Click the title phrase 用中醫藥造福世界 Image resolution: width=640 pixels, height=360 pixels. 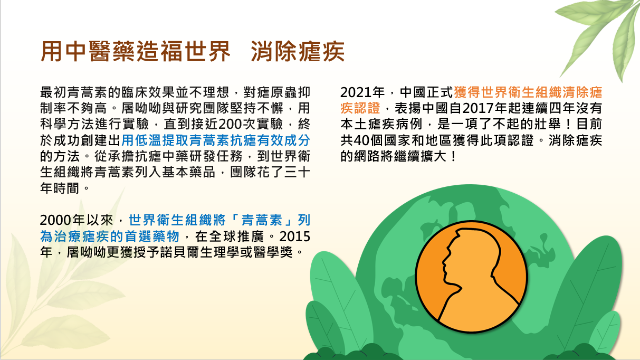[x=136, y=52]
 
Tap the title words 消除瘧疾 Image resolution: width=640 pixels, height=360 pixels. [x=298, y=52]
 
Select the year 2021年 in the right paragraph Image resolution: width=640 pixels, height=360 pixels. [x=362, y=92]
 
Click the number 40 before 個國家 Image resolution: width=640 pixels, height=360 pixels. [x=361, y=140]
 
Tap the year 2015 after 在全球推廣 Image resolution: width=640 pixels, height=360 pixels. [x=295, y=236]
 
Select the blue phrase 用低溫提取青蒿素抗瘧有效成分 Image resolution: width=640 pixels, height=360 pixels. [x=216, y=140]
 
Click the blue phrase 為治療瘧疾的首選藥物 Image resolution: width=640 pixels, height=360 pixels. [x=110, y=236]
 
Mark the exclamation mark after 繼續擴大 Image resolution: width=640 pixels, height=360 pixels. [x=454, y=156]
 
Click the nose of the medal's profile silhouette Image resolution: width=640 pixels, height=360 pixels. [x=443, y=262]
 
